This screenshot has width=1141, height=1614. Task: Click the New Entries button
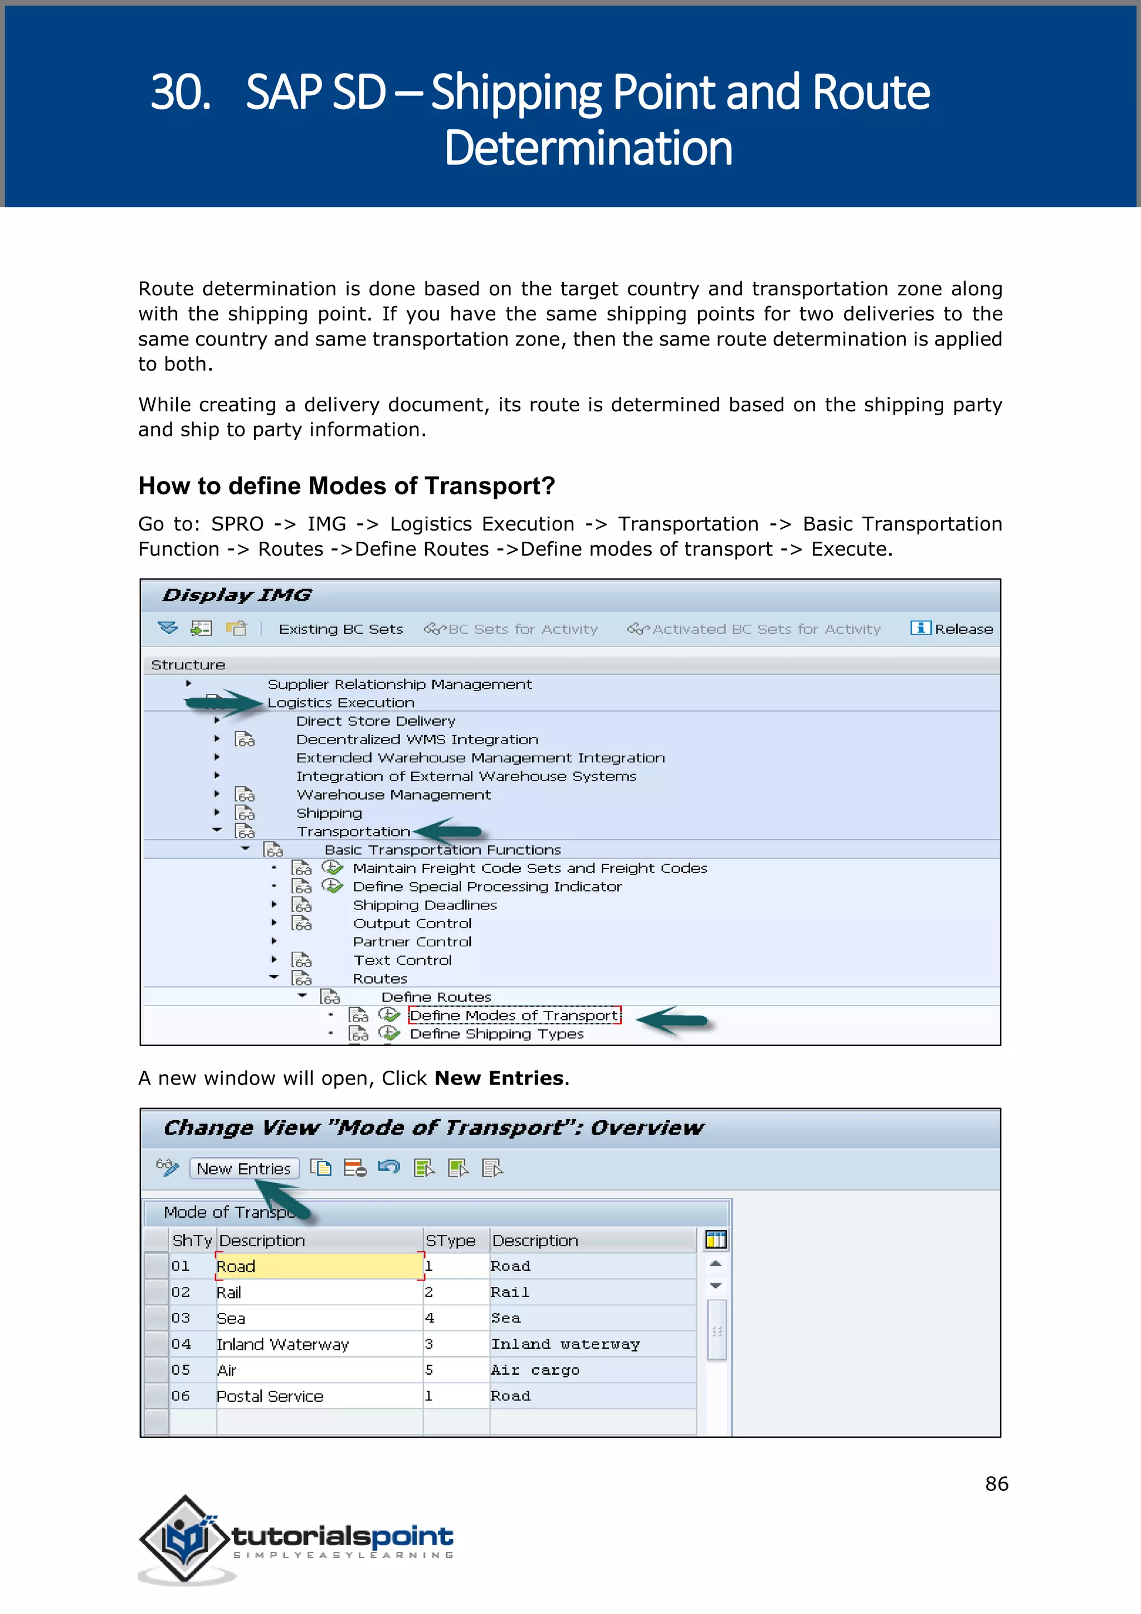(244, 1168)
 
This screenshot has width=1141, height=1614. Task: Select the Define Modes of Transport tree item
(514, 1015)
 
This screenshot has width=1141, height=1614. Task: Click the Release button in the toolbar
(953, 629)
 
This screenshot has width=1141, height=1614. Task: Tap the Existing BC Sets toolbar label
(341, 629)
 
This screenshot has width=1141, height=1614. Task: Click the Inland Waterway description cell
(282, 1344)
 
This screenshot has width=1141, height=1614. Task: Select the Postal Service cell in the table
(270, 1396)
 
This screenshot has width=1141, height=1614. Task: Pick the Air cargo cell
(535, 1370)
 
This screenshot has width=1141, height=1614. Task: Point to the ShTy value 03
(181, 1318)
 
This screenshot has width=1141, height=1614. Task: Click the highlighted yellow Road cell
(318, 1266)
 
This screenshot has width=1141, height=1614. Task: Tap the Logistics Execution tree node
(341, 702)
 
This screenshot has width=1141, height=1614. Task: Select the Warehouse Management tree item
(393, 794)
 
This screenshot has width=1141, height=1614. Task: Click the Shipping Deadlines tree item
(425, 905)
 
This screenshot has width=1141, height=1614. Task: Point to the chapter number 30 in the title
(180, 92)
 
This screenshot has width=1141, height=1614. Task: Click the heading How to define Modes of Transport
(347, 486)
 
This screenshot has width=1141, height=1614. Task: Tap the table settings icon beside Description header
(715, 1240)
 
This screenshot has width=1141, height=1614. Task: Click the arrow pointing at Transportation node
(450, 831)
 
